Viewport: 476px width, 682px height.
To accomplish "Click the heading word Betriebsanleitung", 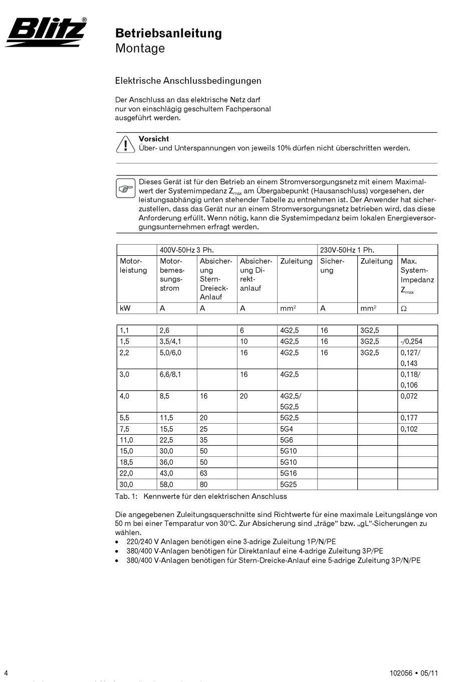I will pyautogui.click(x=168, y=33).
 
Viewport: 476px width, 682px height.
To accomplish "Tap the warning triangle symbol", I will pyautogui.click(x=123, y=144).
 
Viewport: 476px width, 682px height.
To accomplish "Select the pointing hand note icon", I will pyautogui.click(x=125, y=189).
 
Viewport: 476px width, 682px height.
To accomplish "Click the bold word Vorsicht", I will pyautogui.click(x=154, y=139).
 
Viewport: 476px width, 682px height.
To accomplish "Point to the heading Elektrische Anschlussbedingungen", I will pyautogui.click(x=188, y=81).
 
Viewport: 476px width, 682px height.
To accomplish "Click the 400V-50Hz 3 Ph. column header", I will pyautogui.click(x=183, y=250).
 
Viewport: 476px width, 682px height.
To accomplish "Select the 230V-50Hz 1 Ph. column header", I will pyautogui.click(x=347, y=250).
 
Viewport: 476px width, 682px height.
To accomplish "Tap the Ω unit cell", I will pyautogui.click(x=404, y=308).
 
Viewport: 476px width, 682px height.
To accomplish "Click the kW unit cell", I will pyautogui.click(x=125, y=308).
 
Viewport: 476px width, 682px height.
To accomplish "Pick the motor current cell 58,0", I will pyautogui.click(x=166, y=484).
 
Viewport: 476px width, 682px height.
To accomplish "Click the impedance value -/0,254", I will pyautogui.click(x=411, y=342).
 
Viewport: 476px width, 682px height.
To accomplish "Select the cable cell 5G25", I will pyautogui.click(x=289, y=484).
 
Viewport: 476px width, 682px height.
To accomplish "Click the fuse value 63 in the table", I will pyautogui.click(x=204, y=473).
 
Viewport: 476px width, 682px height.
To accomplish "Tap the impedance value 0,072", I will pyautogui.click(x=409, y=396).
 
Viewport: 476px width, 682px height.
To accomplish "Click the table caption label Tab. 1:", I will pyautogui.click(x=126, y=496).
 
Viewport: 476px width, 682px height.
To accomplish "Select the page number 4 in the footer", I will pyautogui.click(x=6, y=673).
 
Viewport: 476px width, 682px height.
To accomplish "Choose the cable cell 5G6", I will pyautogui.click(x=287, y=440).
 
